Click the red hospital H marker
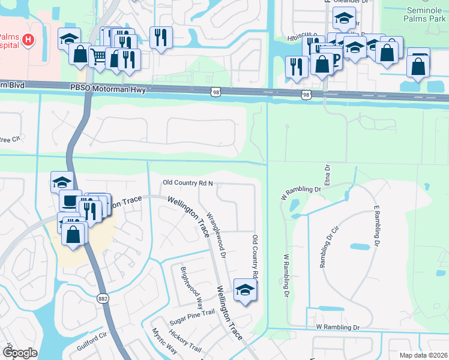27,40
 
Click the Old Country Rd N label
188,183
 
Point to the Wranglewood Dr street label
215,235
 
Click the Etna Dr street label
327,177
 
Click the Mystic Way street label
163,342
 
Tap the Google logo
19,353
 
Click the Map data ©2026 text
424,355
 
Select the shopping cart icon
98,56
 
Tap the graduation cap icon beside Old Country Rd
244,290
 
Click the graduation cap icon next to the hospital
69,39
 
